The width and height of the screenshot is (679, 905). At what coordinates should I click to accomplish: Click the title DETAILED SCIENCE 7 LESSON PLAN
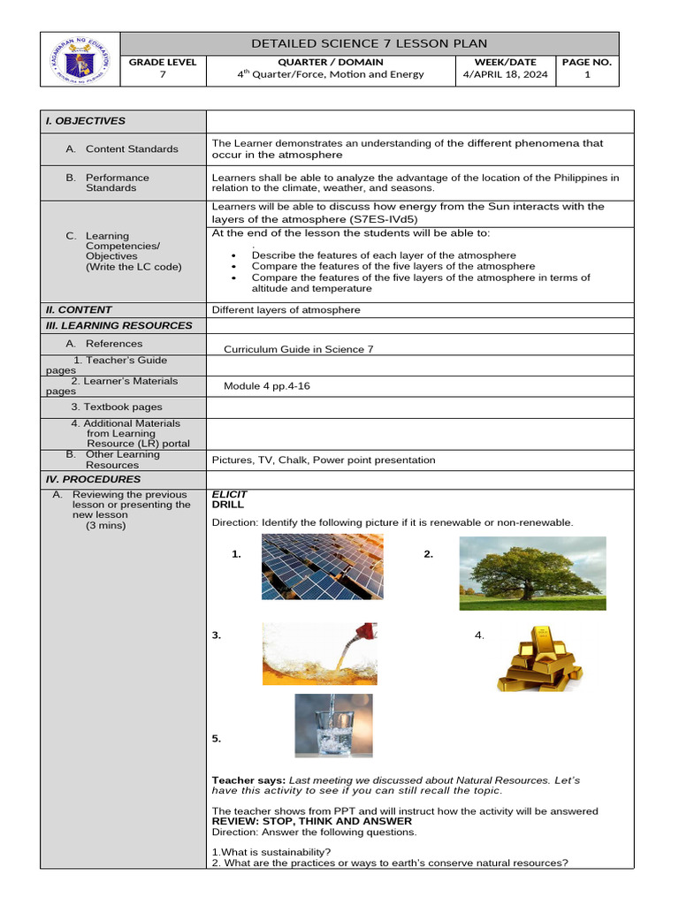coord(369,43)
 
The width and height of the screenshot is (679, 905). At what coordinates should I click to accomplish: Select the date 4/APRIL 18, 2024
coord(505,74)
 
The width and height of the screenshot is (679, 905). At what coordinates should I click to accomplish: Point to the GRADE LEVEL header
coord(163,62)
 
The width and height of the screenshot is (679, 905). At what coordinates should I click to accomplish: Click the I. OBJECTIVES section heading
coord(86,121)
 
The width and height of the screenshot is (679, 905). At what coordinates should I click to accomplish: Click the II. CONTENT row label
coord(79,310)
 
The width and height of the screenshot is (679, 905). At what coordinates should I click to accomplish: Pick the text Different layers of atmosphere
coord(286,310)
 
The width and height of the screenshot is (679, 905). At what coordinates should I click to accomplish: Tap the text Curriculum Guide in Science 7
coord(298,349)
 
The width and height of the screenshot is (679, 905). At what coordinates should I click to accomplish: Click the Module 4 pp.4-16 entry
coord(267,386)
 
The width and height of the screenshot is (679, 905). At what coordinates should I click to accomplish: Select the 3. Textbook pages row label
coord(117,407)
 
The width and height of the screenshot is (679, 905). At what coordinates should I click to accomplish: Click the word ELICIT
coord(230,495)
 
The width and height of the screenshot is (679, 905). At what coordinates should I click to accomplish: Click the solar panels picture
coord(322,567)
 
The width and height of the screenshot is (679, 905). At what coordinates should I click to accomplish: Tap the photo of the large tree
coord(532,573)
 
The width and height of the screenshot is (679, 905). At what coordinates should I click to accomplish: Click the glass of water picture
coord(333,726)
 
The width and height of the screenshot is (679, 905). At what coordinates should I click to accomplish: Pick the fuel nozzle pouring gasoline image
coord(319,653)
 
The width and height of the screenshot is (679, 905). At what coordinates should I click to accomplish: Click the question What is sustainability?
coord(272,852)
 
